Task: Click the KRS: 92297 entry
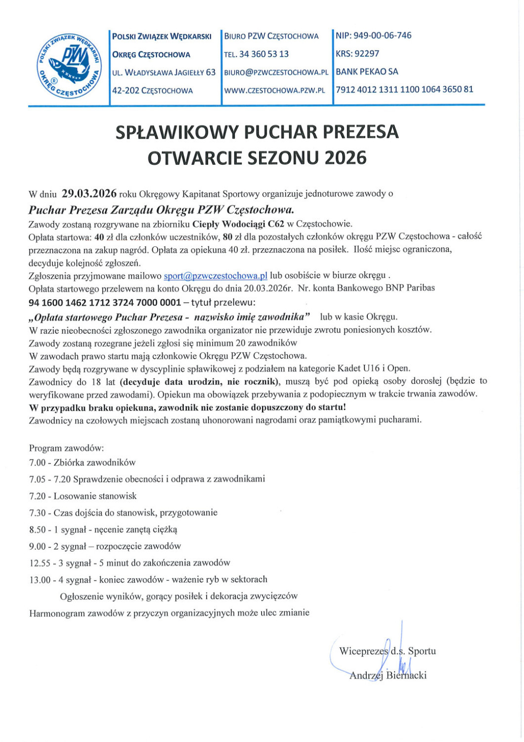(x=357, y=53)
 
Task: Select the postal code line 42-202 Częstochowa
(x=152, y=91)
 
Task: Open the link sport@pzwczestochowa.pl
(x=216, y=275)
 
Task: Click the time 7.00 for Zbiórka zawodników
(x=37, y=463)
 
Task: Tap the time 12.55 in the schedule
(x=39, y=562)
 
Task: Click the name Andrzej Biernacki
(x=388, y=675)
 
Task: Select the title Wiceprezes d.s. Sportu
(x=387, y=651)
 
